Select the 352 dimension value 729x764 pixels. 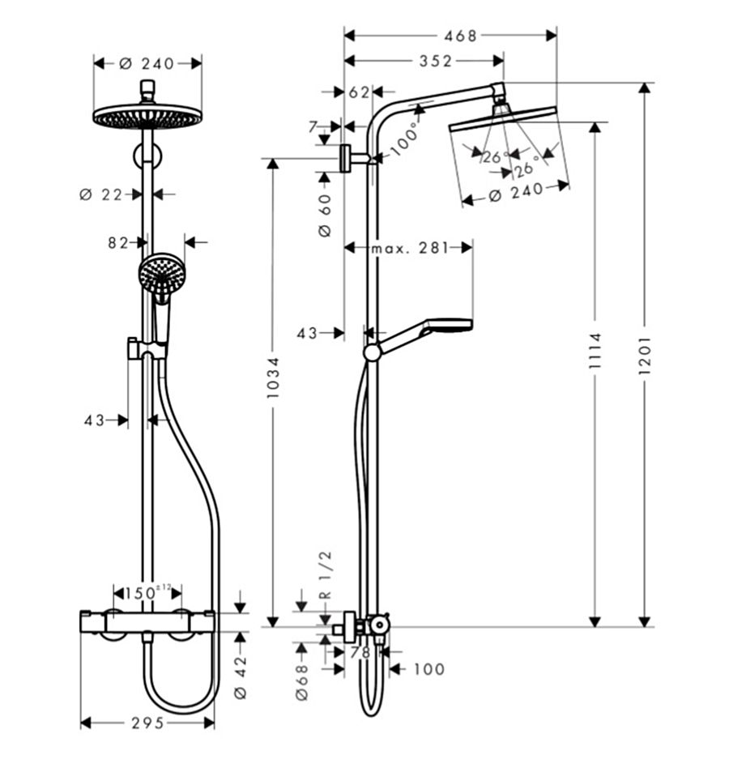pyautogui.click(x=435, y=62)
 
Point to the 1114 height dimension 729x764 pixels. pyautogui.click(x=595, y=352)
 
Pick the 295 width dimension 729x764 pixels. pyautogui.click(x=148, y=722)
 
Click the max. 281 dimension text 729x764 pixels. pyautogui.click(x=409, y=248)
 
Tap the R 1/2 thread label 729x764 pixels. pyautogui.click(x=326, y=575)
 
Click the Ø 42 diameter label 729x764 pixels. pyautogui.click(x=240, y=676)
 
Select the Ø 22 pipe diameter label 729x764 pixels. pyautogui.click(x=100, y=194)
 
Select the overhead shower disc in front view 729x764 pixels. pyautogui.click(x=147, y=117)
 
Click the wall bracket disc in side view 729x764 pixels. pyautogui.click(x=347, y=159)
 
